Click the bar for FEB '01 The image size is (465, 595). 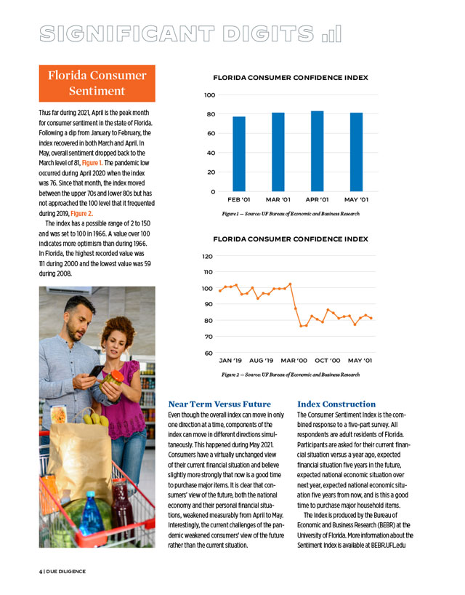pyautogui.click(x=239, y=153)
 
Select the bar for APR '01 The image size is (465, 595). pyautogui.click(x=317, y=151)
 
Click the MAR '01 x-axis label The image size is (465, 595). pyautogui.click(x=278, y=199)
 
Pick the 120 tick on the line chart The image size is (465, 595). pyautogui.click(x=207, y=257)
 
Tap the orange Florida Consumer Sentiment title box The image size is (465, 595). pyautogui.click(x=97, y=84)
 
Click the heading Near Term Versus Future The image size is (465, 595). pyautogui.click(x=219, y=404)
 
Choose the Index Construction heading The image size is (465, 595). pyautogui.click(x=336, y=404)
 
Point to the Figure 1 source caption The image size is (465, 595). pyautogui.click(x=291, y=213)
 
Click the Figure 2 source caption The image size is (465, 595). pyautogui.click(x=291, y=374)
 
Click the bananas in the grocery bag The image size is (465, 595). pyautogui.click(x=95, y=418)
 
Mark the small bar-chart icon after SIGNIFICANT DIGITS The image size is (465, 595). pyautogui.click(x=331, y=33)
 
